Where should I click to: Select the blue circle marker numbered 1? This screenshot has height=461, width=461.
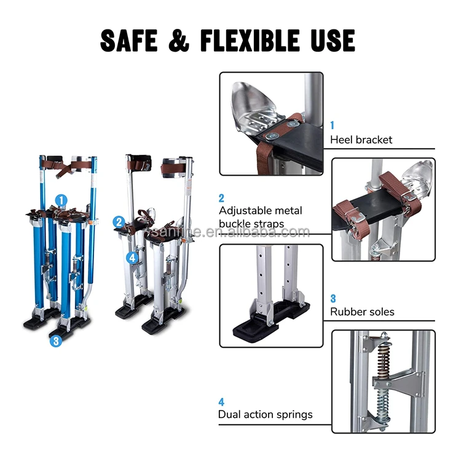pyautogui.click(x=61, y=199)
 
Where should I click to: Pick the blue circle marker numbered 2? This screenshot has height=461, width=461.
pyautogui.click(x=119, y=222)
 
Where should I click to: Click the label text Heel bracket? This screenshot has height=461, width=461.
pyautogui.click(x=361, y=140)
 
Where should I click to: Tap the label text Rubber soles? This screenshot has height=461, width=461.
pyautogui.click(x=362, y=312)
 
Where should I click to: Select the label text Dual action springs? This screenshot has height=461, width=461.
pyautogui.click(x=265, y=414)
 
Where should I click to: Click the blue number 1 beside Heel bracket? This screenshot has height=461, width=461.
pyautogui.click(x=333, y=125)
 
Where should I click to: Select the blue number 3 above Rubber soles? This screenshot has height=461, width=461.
pyautogui.click(x=333, y=297)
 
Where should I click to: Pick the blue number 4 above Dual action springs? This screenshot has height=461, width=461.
pyautogui.click(x=221, y=401)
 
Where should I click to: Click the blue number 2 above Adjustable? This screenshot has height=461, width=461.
pyautogui.click(x=221, y=198)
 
